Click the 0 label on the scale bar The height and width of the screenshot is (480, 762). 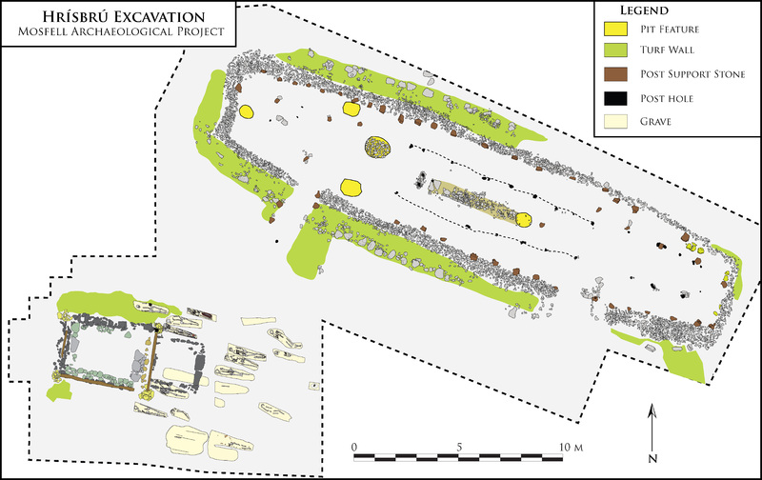353,446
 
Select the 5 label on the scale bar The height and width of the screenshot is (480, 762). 460,446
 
